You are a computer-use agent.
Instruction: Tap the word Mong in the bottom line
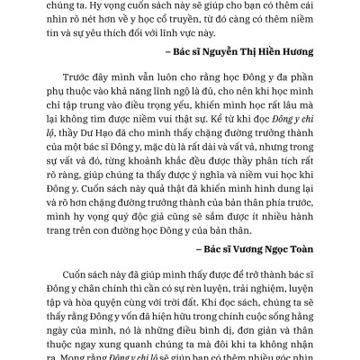(x=76, y=357)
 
